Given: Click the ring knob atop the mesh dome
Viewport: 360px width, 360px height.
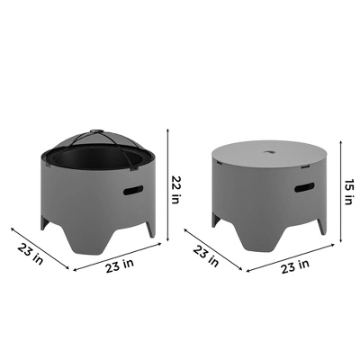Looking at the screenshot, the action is click(x=96, y=131).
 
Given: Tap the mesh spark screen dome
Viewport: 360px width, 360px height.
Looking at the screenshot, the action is click(x=97, y=140).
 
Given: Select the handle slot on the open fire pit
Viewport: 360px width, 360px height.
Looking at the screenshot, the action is click(x=133, y=190).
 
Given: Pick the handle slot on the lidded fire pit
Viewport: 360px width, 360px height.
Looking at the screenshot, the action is click(x=304, y=187).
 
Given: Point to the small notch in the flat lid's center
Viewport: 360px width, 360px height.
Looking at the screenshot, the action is click(x=269, y=153).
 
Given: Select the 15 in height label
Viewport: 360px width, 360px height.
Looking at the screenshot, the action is click(x=348, y=192).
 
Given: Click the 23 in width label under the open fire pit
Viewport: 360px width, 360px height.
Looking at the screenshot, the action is click(x=120, y=265).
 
